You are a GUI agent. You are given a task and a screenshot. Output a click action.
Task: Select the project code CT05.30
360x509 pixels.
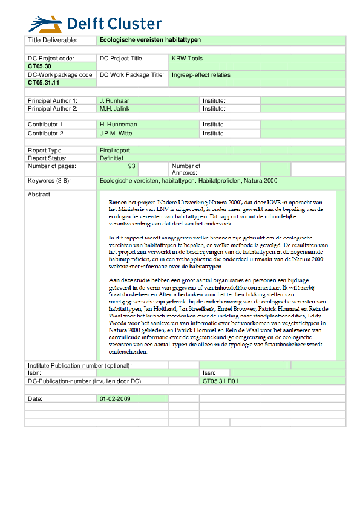(40, 66)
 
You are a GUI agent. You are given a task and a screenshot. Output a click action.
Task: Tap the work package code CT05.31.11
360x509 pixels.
(44, 83)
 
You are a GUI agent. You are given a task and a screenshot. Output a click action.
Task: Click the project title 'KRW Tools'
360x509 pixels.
(187, 59)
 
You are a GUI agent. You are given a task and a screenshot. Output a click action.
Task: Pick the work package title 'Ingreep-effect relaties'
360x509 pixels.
(201, 75)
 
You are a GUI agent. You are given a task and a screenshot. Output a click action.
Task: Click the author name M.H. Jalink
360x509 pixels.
(115, 109)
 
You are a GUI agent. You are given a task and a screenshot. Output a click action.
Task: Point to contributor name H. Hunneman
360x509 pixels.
(119, 125)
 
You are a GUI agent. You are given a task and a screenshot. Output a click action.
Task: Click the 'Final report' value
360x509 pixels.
(115, 150)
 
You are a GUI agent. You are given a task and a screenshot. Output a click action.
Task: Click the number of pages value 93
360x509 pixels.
(131, 166)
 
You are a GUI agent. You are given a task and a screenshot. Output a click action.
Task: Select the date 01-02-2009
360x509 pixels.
(115, 399)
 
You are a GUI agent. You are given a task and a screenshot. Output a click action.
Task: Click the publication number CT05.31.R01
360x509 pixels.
(221, 381)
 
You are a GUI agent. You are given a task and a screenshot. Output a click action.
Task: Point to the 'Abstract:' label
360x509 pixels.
(40, 195)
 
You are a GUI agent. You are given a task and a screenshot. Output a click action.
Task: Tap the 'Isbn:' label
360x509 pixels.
(36, 374)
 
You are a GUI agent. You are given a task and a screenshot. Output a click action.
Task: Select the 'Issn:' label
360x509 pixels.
(209, 374)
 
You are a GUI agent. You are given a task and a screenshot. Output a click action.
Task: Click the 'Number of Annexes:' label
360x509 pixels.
(186, 169)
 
